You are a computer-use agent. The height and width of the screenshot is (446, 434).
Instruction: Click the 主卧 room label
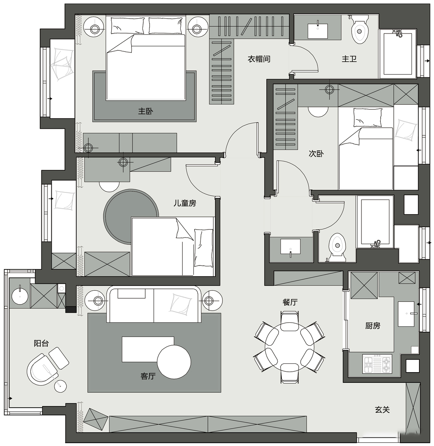point(146,111)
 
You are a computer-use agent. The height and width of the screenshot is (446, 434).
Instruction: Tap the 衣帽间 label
point(259,59)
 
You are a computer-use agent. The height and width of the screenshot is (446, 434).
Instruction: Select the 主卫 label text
point(349,59)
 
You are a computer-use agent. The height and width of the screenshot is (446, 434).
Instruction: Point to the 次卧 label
point(316,154)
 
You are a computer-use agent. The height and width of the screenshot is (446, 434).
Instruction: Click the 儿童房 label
point(185,203)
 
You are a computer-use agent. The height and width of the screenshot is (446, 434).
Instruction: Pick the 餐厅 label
point(290,302)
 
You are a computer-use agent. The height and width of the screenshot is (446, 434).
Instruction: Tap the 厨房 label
point(373,326)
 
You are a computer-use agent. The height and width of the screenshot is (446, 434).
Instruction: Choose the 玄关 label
point(382,410)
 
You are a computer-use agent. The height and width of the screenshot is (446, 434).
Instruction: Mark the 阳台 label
point(41,343)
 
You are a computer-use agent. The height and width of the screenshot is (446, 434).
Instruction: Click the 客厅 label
point(148,376)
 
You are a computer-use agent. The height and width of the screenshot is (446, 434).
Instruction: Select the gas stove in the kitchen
point(377,364)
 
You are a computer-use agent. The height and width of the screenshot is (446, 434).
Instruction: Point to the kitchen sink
point(408,314)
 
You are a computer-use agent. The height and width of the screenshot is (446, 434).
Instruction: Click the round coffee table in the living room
point(174,362)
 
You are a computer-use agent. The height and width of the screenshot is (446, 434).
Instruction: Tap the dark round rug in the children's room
point(131,216)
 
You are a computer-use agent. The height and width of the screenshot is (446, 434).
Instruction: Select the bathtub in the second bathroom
point(375,222)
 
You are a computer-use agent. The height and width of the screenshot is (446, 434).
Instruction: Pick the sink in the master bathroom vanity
point(318,30)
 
